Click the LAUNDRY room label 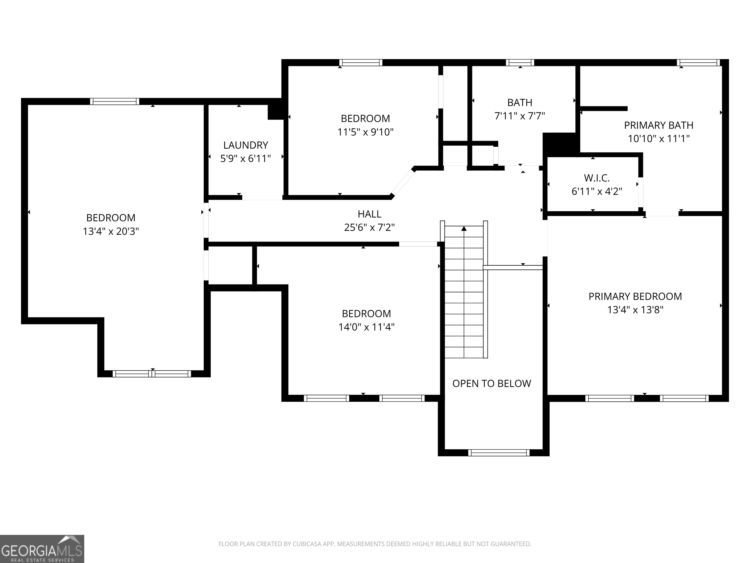[x=245, y=145]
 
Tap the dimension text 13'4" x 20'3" [x=111, y=231]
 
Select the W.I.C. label [x=597, y=178]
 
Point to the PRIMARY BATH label [x=658, y=125]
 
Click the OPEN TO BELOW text [x=492, y=383]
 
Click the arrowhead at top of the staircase [x=464, y=229]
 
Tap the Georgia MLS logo [x=42, y=549]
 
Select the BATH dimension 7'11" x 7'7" [x=520, y=116]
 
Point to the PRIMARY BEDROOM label [x=635, y=296]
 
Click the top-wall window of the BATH [x=520, y=63]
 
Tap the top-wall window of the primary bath [x=698, y=63]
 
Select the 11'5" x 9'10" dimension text [x=365, y=132]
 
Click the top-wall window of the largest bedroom [x=115, y=101]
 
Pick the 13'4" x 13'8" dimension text [x=635, y=310]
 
